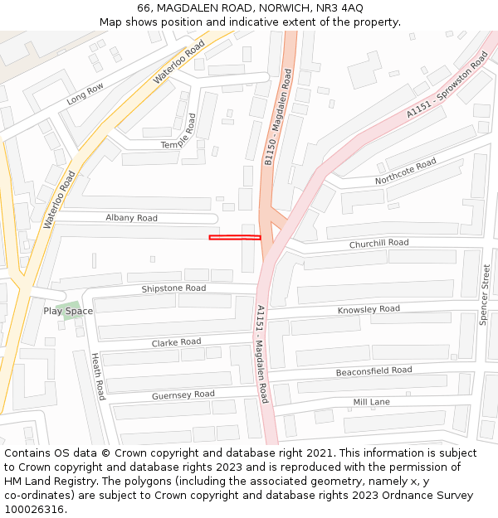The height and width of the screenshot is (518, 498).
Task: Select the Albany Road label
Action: coord(131,218)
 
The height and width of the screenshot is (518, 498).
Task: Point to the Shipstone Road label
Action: coord(173,288)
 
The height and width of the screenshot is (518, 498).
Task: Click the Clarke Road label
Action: coord(176,342)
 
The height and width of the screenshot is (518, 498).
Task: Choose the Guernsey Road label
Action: coord(183,395)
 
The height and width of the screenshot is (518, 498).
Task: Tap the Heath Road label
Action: coord(98,375)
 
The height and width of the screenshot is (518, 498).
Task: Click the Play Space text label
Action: coord(68,311)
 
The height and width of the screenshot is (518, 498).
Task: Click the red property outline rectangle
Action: coord(235,238)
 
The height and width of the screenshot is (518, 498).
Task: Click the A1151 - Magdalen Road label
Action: coord(262,354)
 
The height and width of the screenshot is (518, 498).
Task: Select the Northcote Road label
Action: coord(405,172)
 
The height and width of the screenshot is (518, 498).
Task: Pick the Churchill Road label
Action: coord(378,243)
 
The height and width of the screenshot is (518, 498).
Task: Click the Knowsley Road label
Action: coord(369,310)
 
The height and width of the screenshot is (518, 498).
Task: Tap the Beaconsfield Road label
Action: coord(373,371)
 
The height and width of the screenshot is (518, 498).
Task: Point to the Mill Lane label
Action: coord(371,402)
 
